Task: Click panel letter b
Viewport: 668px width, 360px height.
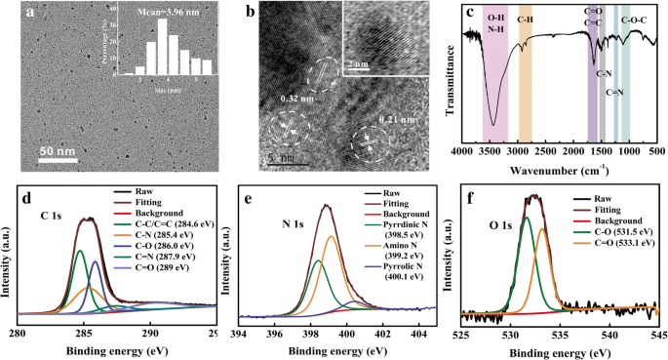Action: (x=252, y=13)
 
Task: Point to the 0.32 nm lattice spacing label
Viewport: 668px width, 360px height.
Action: (x=297, y=99)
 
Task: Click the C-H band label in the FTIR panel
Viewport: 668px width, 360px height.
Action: (x=525, y=19)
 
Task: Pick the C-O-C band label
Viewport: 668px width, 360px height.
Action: (x=637, y=19)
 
